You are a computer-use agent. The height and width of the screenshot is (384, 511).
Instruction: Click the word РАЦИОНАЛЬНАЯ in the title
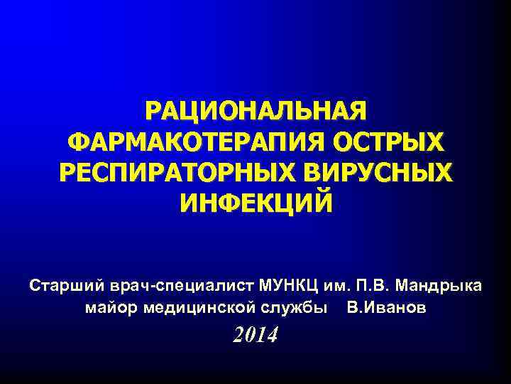[255, 112]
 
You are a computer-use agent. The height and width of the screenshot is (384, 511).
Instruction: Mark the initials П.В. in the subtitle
[369, 287]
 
